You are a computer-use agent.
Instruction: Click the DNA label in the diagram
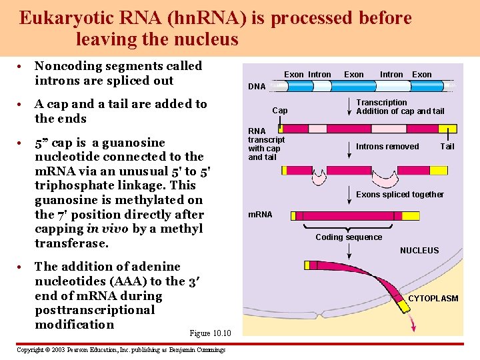257,87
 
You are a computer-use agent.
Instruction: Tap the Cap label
280,111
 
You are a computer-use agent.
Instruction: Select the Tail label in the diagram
447,147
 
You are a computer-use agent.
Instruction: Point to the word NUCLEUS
419,251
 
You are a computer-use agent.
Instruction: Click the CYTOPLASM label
433,299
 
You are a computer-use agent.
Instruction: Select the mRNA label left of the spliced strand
260,215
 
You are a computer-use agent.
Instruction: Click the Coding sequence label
349,237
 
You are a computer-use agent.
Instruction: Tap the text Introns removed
387,147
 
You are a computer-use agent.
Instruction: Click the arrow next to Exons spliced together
349,195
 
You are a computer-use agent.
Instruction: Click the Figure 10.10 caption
210,333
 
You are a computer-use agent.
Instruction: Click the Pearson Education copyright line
121,350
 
